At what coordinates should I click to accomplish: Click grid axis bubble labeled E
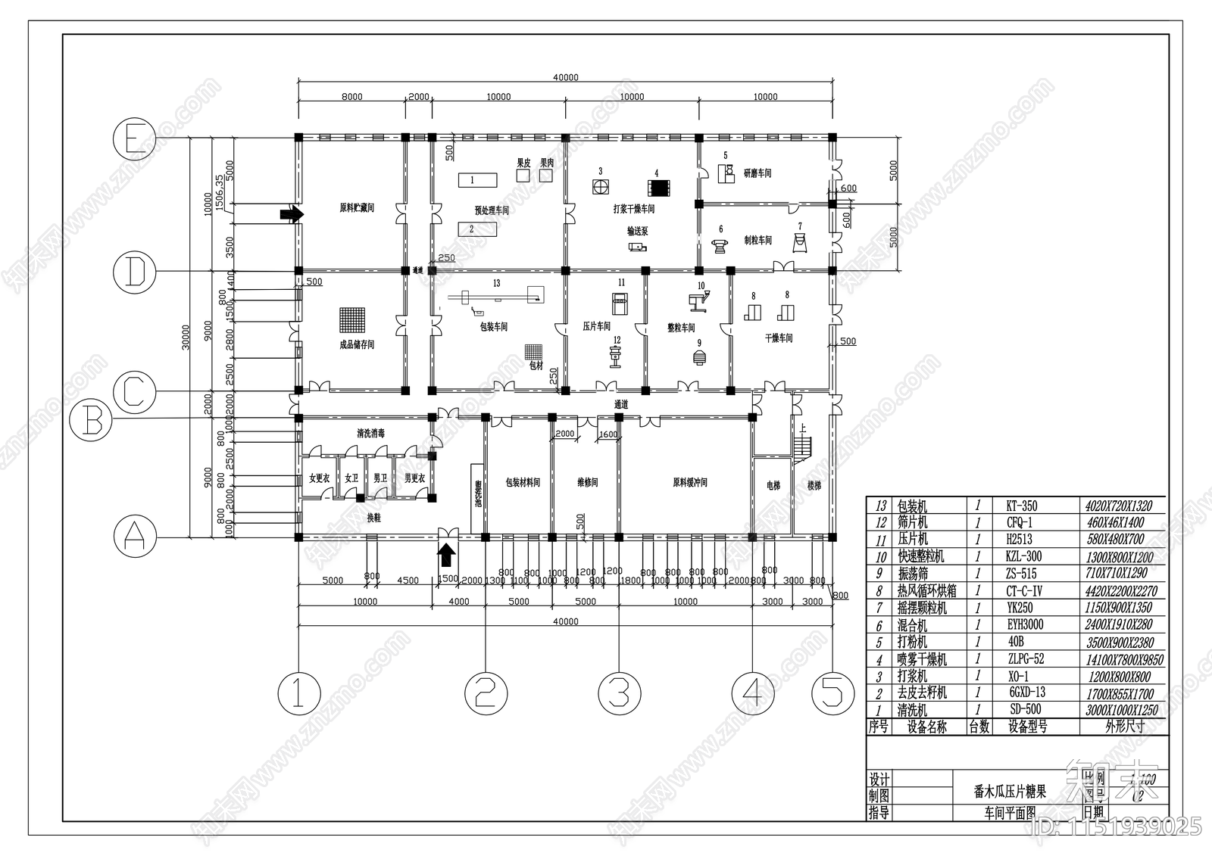tap(134, 140)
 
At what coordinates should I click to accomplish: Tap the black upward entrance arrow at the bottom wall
tap(447, 555)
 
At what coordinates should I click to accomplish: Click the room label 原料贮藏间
tap(357, 207)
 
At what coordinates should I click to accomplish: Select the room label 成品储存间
tap(357, 344)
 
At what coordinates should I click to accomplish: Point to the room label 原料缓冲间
tap(689, 482)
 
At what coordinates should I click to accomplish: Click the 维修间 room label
tap(587, 482)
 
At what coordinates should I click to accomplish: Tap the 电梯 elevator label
tap(773, 486)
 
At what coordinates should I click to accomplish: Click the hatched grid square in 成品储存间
tap(352, 319)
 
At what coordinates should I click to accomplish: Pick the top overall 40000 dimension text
tap(565, 77)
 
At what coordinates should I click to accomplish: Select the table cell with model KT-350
tap(1022, 506)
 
